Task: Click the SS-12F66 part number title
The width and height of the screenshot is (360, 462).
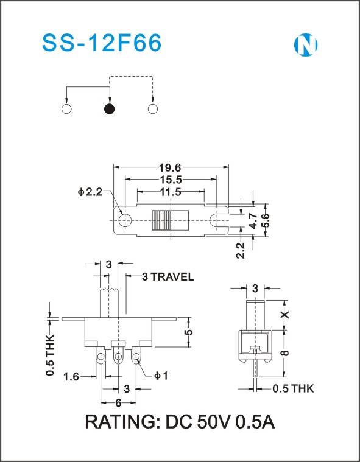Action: pyautogui.click(x=102, y=43)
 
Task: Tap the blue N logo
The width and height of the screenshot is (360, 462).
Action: pyautogui.click(x=306, y=45)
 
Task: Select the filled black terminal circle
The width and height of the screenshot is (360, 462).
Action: pyautogui.click(x=110, y=109)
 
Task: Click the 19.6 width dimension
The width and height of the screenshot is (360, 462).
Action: pyautogui.click(x=170, y=167)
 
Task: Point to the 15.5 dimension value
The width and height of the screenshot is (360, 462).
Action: pyautogui.click(x=171, y=179)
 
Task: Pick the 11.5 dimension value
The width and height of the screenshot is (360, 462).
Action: pyautogui.click(x=171, y=192)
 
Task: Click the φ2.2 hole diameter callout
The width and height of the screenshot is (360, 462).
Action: pyautogui.click(x=90, y=192)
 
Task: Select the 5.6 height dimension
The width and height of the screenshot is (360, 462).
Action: pyautogui.click(x=266, y=220)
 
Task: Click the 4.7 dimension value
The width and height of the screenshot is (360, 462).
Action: pyautogui.click(x=252, y=221)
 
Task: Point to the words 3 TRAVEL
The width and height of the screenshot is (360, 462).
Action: pyautogui.click(x=168, y=277)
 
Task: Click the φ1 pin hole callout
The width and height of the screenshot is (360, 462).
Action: pyautogui.click(x=161, y=376)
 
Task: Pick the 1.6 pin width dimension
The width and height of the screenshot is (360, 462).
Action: pyautogui.click(x=71, y=377)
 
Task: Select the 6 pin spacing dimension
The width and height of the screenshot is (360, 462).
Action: pyautogui.click(x=118, y=403)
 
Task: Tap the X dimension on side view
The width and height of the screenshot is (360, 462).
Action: pyautogui.click(x=285, y=314)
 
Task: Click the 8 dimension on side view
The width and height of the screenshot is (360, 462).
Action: pyautogui.click(x=285, y=352)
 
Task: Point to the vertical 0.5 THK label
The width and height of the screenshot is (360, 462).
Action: pyautogui.click(x=50, y=355)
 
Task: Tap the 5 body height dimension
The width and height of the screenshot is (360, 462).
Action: pyautogui.click(x=189, y=332)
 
